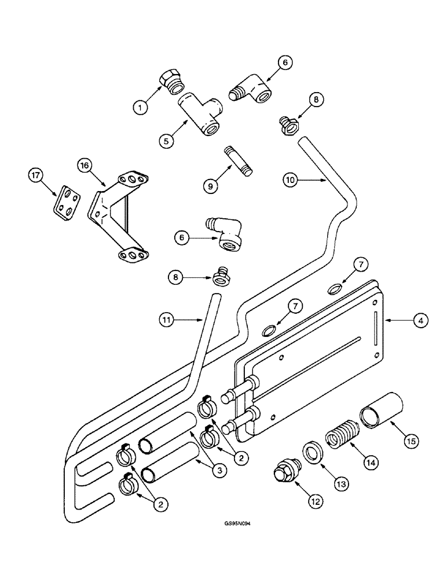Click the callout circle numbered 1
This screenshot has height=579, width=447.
(139, 107)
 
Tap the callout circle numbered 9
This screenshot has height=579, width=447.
(209, 185)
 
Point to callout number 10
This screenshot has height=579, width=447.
(291, 181)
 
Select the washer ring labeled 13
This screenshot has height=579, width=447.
(313, 453)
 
